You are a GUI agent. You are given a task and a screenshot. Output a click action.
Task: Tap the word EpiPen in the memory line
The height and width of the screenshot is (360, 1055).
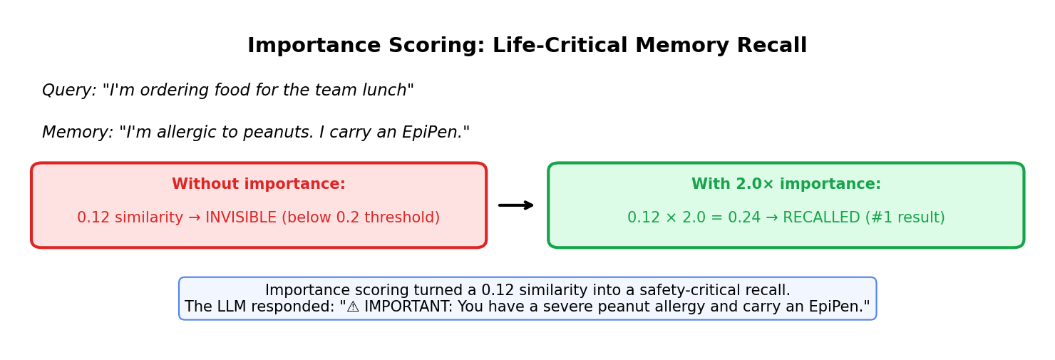436,133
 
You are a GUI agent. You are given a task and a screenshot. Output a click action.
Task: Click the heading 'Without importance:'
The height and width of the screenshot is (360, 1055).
259,185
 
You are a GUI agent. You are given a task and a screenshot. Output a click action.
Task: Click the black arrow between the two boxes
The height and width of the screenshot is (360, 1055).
516,205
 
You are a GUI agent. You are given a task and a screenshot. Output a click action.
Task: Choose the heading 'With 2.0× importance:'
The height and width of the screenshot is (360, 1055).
786,185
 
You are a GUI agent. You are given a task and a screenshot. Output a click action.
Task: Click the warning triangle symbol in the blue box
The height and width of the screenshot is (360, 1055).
353,307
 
